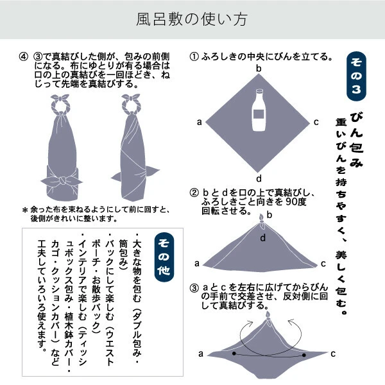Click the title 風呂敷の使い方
click(192, 19)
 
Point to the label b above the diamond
click(259, 68)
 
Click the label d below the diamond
click(259, 178)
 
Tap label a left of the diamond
click(200, 121)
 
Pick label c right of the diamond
click(316, 121)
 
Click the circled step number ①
click(193, 56)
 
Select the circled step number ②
click(193, 193)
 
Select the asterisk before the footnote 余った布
click(24, 210)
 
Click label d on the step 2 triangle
click(262, 238)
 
